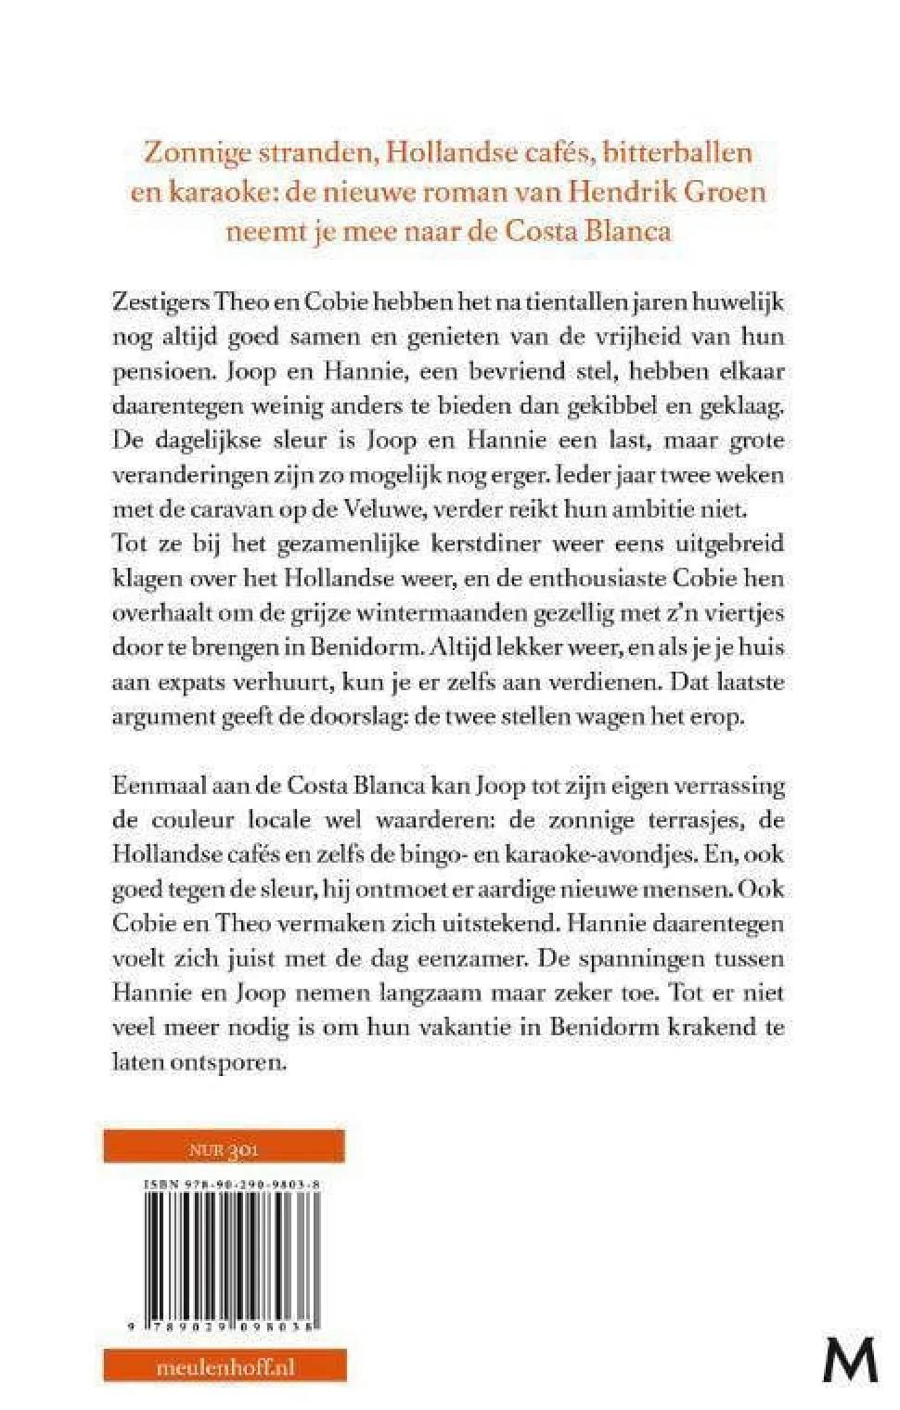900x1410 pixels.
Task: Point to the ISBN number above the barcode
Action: [233, 1185]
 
